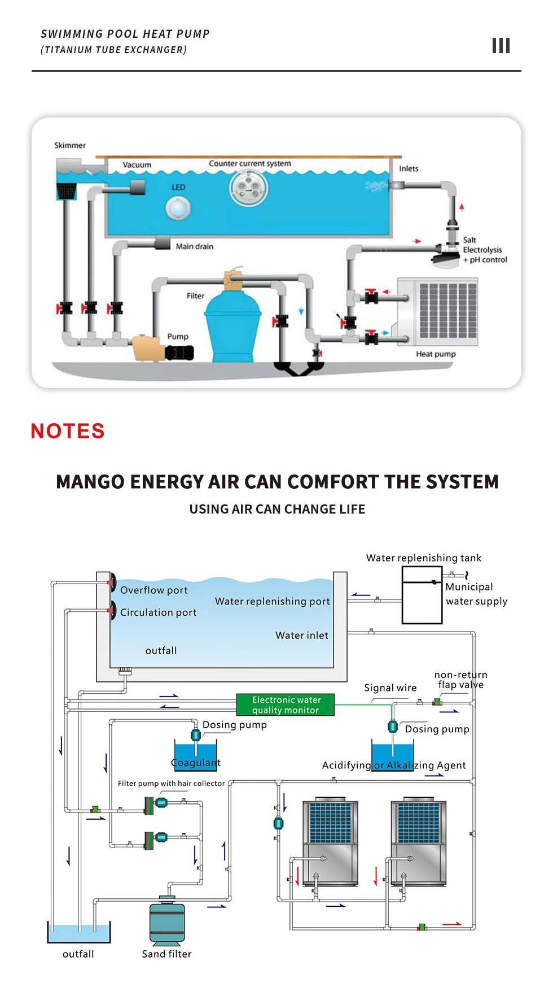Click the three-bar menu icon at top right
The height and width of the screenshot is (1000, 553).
coord(501,46)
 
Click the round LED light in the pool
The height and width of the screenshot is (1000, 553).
coord(178,208)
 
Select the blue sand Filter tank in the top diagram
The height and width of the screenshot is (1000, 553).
coord(232,328)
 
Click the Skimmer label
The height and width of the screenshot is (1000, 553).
coord(70,145)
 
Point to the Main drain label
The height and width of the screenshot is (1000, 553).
coord(194,246)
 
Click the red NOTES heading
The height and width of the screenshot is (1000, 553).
coord(68,431)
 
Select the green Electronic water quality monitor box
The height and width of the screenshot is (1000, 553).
coord(286,705)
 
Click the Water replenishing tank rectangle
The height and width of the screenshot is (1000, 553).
coord(422,595)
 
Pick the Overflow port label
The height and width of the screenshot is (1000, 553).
coord(153,590)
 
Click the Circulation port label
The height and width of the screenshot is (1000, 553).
coord(158,612)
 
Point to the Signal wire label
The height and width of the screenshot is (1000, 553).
coord(390,688)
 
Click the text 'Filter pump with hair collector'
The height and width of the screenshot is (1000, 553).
coord(171,783)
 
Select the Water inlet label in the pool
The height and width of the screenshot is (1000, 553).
coord(301,636)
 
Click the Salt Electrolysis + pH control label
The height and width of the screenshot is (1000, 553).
coord(485,250)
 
